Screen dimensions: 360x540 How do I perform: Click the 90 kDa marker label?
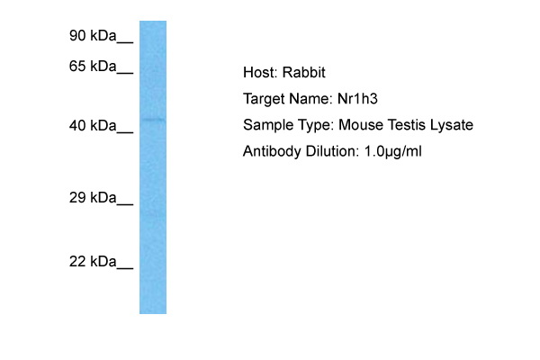point(94,36)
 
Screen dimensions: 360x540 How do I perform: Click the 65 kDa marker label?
point(94,67)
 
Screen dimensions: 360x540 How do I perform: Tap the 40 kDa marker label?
point(94,126)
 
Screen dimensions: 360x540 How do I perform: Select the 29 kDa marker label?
point(94,197)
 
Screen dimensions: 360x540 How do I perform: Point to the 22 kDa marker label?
point(94,262)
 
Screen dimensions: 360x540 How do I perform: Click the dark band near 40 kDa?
point(153,120)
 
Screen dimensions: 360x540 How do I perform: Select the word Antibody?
point(269,151)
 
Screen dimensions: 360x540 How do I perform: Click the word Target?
point(263,99)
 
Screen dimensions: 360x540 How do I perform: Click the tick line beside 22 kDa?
point(125,268)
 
